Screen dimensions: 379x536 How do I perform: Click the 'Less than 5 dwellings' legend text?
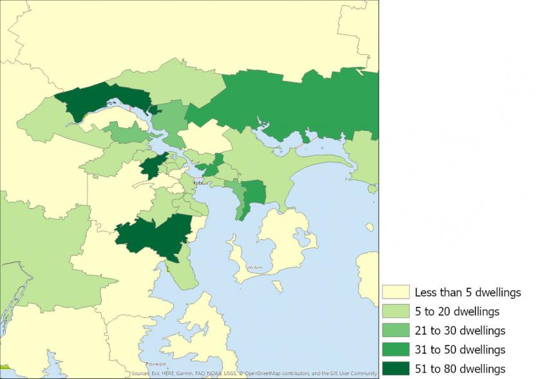[x=467, y=293]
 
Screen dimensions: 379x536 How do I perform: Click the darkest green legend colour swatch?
[x=395, y=369]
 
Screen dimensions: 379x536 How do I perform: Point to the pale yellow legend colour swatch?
[x=395, y=293]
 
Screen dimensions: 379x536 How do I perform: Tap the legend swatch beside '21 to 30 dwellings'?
[x=395, y=331]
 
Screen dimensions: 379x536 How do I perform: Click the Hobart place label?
[x=202, y=182]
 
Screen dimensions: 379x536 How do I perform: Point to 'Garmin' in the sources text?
[x=175, y=373]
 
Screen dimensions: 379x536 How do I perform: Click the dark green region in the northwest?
[x=97, y=100]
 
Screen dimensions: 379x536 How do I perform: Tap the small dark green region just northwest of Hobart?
[x=152, y=166]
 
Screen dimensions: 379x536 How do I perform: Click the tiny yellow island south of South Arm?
[x=277, y=286]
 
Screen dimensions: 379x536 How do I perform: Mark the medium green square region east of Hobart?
[x=254, y=191]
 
